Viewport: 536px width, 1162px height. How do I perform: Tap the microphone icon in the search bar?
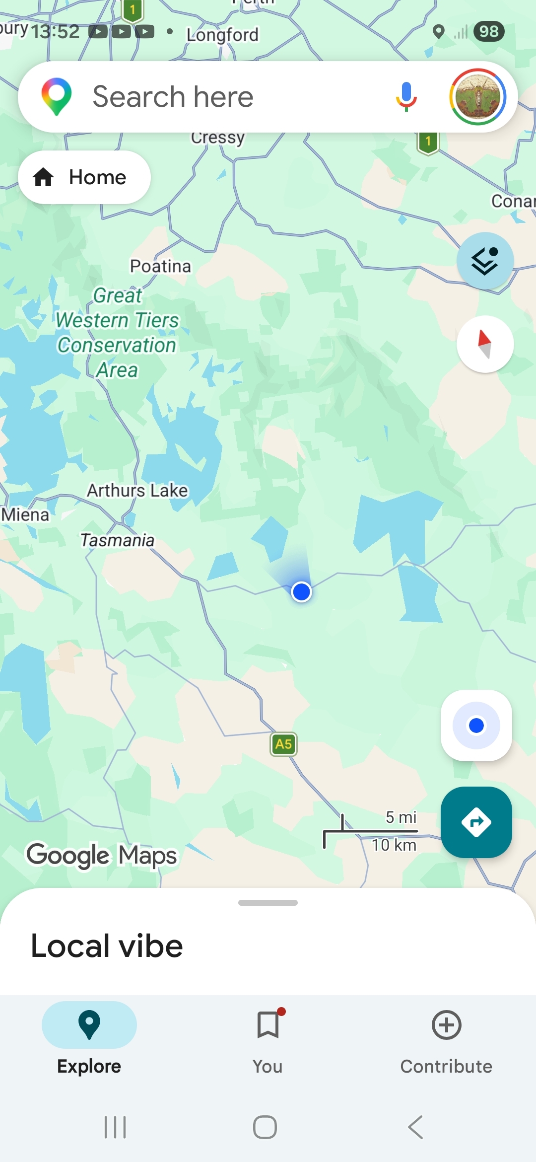(406, 96)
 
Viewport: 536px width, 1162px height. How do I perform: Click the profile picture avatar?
(477, 97)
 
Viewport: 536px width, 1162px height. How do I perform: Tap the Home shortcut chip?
(84, 177)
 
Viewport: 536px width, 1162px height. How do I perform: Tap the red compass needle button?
(485, 344)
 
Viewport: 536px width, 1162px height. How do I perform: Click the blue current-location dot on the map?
(301, 592)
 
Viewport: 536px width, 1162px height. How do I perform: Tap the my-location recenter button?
(476, 726)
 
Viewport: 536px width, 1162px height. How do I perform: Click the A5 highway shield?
(283, 744)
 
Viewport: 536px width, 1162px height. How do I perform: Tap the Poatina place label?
(160, 266)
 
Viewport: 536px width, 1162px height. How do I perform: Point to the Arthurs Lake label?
(137, 491)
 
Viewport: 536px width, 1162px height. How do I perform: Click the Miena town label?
(25, 514)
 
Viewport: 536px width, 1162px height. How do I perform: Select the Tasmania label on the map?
(117, 540)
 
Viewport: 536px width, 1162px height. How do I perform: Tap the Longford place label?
(222, 35)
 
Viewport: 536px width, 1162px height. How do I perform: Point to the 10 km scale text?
(394, 845)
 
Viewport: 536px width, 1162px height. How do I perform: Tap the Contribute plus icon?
(446, 1025)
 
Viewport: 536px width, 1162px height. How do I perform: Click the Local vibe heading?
(107, 945)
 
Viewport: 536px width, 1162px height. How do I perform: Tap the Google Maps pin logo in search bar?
(57, 96)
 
